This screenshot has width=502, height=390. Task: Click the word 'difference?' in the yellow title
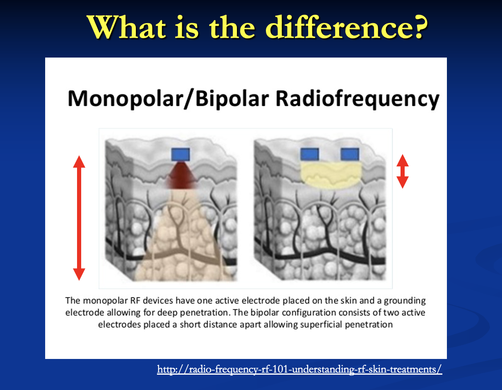pos(347,27)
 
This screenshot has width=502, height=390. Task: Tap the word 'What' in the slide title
pos(126,27)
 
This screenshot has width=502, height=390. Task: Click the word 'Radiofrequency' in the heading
pos(357,99)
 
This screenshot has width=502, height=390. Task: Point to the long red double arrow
pos(79,218)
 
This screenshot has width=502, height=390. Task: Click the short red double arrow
pos(403,171)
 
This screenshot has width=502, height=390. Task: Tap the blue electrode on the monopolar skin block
pos(181,154)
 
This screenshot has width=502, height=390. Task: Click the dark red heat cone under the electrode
pos(181,176)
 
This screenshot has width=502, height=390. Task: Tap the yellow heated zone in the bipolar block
pos(331,176)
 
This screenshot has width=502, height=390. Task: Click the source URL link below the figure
pos(299,369)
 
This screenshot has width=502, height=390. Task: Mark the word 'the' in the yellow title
pos(232,27)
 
